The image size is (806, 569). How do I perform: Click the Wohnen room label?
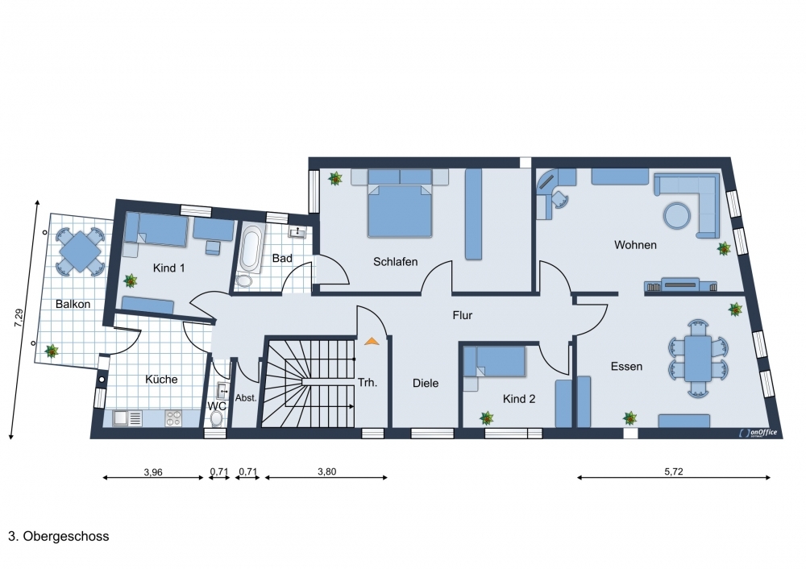[635, 245]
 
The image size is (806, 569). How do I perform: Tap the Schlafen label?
[395, 262]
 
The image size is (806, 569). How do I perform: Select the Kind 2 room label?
[519, 399]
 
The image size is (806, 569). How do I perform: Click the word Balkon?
[73, 304]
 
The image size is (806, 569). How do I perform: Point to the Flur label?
[462, 315]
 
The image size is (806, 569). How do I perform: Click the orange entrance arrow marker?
[371, 340]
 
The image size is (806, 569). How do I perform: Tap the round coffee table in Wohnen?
[677, 215]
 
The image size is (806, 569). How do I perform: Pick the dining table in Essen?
[698, 359]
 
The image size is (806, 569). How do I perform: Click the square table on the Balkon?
[80, 252]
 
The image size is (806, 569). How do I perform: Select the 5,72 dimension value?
[673, 471]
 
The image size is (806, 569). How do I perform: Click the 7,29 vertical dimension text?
[19, 318]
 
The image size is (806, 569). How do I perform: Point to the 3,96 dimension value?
[153, 471]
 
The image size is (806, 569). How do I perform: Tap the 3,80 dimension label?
[327, 471]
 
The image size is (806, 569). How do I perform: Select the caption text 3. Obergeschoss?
[59, 536]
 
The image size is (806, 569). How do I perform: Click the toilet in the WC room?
[217, 420]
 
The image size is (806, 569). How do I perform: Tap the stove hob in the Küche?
[172, 418]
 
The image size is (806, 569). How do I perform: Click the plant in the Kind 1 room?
[131, 280]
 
